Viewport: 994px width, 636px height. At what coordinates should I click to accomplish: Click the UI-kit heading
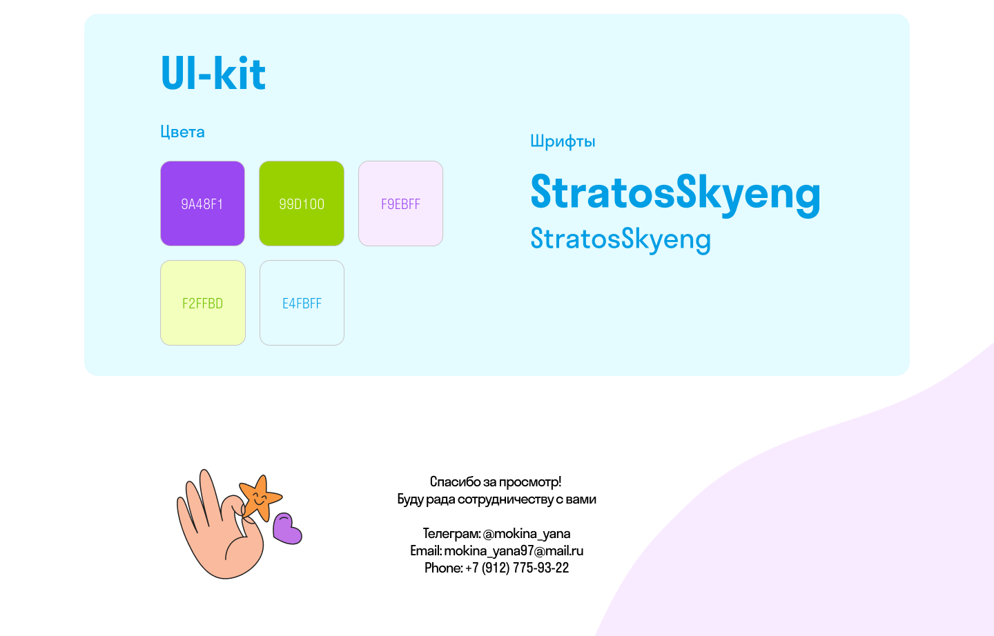213,73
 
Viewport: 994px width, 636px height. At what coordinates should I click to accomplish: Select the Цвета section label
182,132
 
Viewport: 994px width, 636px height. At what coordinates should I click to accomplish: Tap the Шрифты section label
563,141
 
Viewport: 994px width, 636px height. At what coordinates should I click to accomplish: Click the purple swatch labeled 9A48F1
202,203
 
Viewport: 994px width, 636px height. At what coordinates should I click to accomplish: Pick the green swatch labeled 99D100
302,203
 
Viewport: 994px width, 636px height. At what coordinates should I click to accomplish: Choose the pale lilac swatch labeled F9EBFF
400,203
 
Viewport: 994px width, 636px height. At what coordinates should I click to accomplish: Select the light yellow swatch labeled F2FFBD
203,303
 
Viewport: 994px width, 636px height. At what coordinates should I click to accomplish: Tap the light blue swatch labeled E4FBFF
302,303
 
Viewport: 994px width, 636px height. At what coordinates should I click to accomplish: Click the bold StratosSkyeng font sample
675,195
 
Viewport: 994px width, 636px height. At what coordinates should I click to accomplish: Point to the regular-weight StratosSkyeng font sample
621,239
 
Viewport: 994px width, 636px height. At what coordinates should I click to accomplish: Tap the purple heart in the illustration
287,528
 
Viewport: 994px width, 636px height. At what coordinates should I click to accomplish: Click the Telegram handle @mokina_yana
527,533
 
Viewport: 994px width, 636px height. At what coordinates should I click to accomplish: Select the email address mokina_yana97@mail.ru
514,551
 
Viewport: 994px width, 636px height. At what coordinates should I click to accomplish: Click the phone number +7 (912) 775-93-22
517,568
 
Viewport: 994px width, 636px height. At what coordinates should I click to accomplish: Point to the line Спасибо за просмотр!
496,482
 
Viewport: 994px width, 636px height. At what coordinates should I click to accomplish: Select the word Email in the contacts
425,551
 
